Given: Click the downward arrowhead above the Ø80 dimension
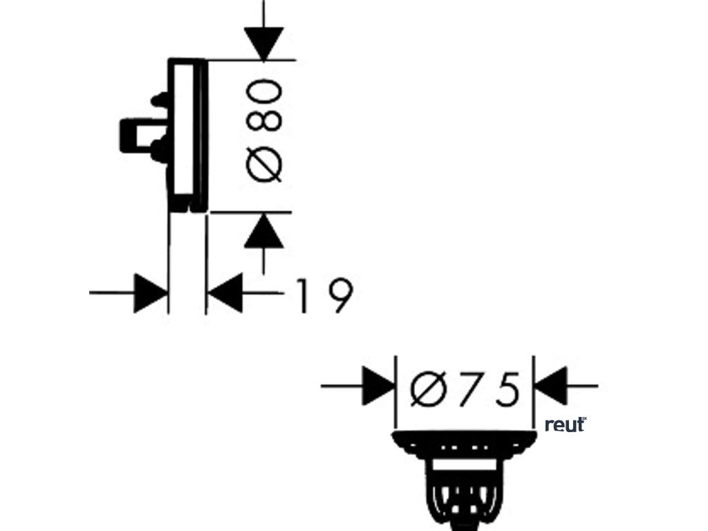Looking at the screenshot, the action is coord(263,42).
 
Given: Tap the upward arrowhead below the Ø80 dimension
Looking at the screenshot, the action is coord(263,231).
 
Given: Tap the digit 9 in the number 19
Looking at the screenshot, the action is coord(337,296).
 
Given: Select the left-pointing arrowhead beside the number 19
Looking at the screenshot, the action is coord(227,293).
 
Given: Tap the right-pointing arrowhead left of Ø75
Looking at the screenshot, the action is coord(378,385).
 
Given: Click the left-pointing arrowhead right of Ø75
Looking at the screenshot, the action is coord(552,385).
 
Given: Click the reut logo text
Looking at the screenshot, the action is coord(564,425).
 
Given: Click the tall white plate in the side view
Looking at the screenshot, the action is coord(185,128).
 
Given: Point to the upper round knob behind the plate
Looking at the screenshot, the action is coord(159,100).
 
